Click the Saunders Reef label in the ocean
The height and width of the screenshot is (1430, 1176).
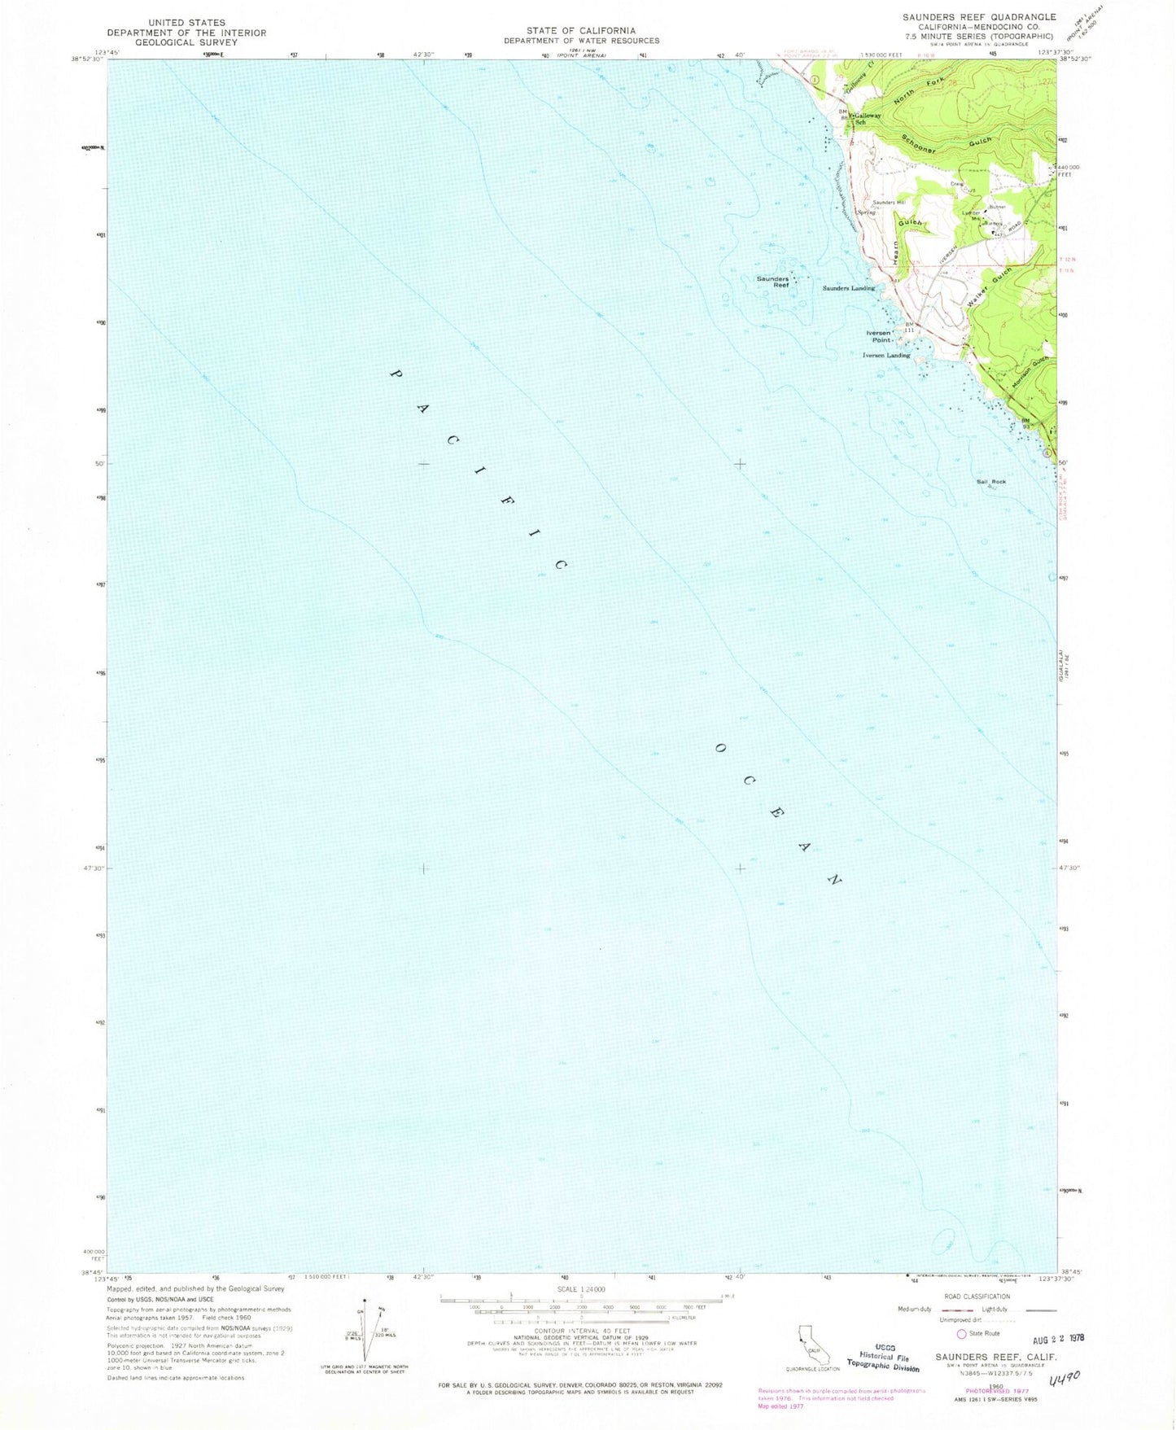[x=772, y=282]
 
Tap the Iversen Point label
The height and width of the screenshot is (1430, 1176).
[x=878, y=336]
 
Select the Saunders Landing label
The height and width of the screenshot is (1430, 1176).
[x=848, y=288]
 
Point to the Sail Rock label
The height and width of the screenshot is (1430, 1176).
[x=990, y=482]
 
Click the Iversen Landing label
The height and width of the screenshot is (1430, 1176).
[x=886, y=356]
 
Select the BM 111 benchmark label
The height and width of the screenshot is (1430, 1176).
[x=910, y=328]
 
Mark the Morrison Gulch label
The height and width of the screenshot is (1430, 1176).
[x=1027, y=373]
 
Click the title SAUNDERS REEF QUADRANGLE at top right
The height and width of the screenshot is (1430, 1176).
[x=978, y=17]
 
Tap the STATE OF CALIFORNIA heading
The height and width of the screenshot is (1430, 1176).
[x=581, y=31]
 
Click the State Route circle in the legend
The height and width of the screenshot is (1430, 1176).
[x=961, y=1334]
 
